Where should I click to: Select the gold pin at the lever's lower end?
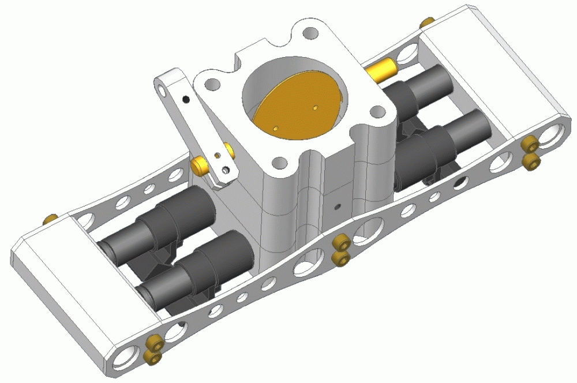click(x=200, y=166)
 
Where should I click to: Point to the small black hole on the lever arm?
click(x=185, y=99)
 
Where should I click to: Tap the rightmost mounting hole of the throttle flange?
click(x=377, y=111)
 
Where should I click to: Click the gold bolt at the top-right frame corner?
click(x=427, y=22)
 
